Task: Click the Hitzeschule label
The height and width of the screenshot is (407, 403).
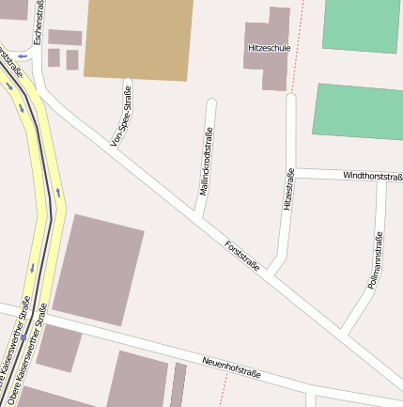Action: [269, 46]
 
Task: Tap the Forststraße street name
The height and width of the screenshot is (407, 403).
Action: [242, 256]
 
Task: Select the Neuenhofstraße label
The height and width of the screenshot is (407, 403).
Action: [231, 368]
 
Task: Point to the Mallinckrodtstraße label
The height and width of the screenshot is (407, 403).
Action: [205, 161]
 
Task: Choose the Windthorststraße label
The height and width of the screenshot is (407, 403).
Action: [372, 175]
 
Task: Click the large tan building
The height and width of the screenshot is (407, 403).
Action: [139, 38]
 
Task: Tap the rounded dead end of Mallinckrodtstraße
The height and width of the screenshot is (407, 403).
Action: [211, 103]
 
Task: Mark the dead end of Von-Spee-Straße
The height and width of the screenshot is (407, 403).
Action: [128, 85]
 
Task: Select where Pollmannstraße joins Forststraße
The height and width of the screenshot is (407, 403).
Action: [344, 332]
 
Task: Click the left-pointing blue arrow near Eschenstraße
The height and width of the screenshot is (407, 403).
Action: [22, 57]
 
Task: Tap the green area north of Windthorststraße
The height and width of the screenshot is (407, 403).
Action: [359, 112]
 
